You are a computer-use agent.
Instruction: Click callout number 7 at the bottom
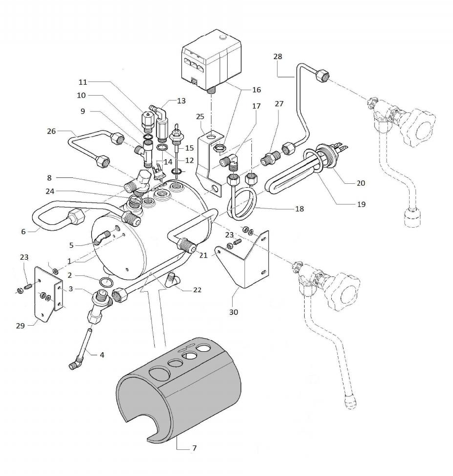click(194, 449)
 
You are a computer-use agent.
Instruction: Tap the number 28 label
click(278, 57)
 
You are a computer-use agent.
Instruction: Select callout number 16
click(256, 90)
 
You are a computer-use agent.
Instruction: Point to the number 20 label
click(361, 183)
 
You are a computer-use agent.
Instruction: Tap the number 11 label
click(82, 82)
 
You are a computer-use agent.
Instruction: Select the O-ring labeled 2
click(105, 282)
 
